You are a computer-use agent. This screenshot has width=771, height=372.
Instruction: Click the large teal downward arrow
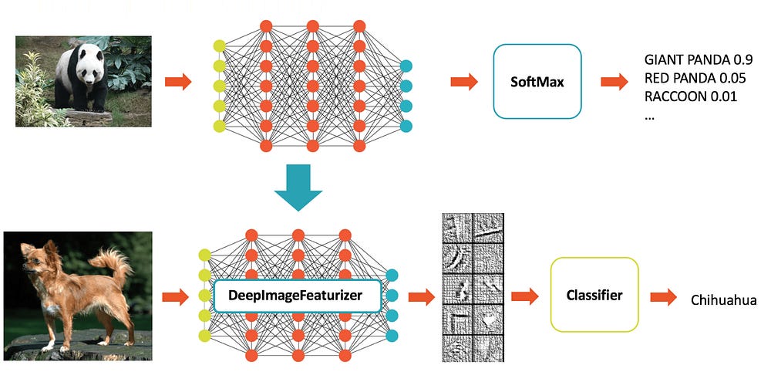[x=298, y=188]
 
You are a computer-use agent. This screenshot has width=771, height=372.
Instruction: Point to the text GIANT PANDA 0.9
[x=699, y=60]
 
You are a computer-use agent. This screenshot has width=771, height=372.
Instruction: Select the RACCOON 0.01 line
[x=690, y=96]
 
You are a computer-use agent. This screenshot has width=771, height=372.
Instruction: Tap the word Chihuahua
[x=723, y=300]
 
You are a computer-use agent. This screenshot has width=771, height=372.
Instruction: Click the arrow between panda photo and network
[x=178, y=81]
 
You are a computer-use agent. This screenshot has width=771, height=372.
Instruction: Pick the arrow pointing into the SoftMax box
[x=464, y=81]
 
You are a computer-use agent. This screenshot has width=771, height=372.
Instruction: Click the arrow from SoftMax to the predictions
[x=614, y=81]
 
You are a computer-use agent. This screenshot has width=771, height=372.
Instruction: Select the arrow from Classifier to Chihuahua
[x=663, y=296]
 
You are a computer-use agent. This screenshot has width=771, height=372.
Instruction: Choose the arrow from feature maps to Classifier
[x=525, y=296]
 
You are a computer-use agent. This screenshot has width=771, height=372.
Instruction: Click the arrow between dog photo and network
[x=176, y=296]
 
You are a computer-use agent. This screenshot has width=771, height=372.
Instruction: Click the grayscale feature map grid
[x=473, y=287]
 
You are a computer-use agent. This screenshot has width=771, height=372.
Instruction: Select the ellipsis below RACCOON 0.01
[x=649, y=119]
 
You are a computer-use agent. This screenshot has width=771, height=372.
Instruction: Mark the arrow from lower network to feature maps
[x=422, y=296]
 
